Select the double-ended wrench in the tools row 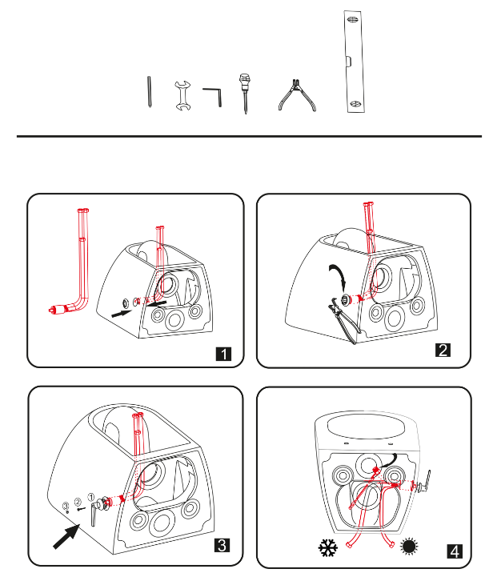point(182,96)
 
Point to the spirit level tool point(354,62)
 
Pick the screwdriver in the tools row point(244,94)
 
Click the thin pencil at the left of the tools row point(149,92)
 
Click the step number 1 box point(223,354)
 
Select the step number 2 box point(443,350)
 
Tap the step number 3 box point(222,545)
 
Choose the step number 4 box point(455,551)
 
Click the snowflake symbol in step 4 point(328,547)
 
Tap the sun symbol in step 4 point(409,547)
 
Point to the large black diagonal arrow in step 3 point(66,535)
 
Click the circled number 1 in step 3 point(91,497)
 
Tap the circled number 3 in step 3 point(66,506)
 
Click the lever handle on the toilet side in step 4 point(426,480)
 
